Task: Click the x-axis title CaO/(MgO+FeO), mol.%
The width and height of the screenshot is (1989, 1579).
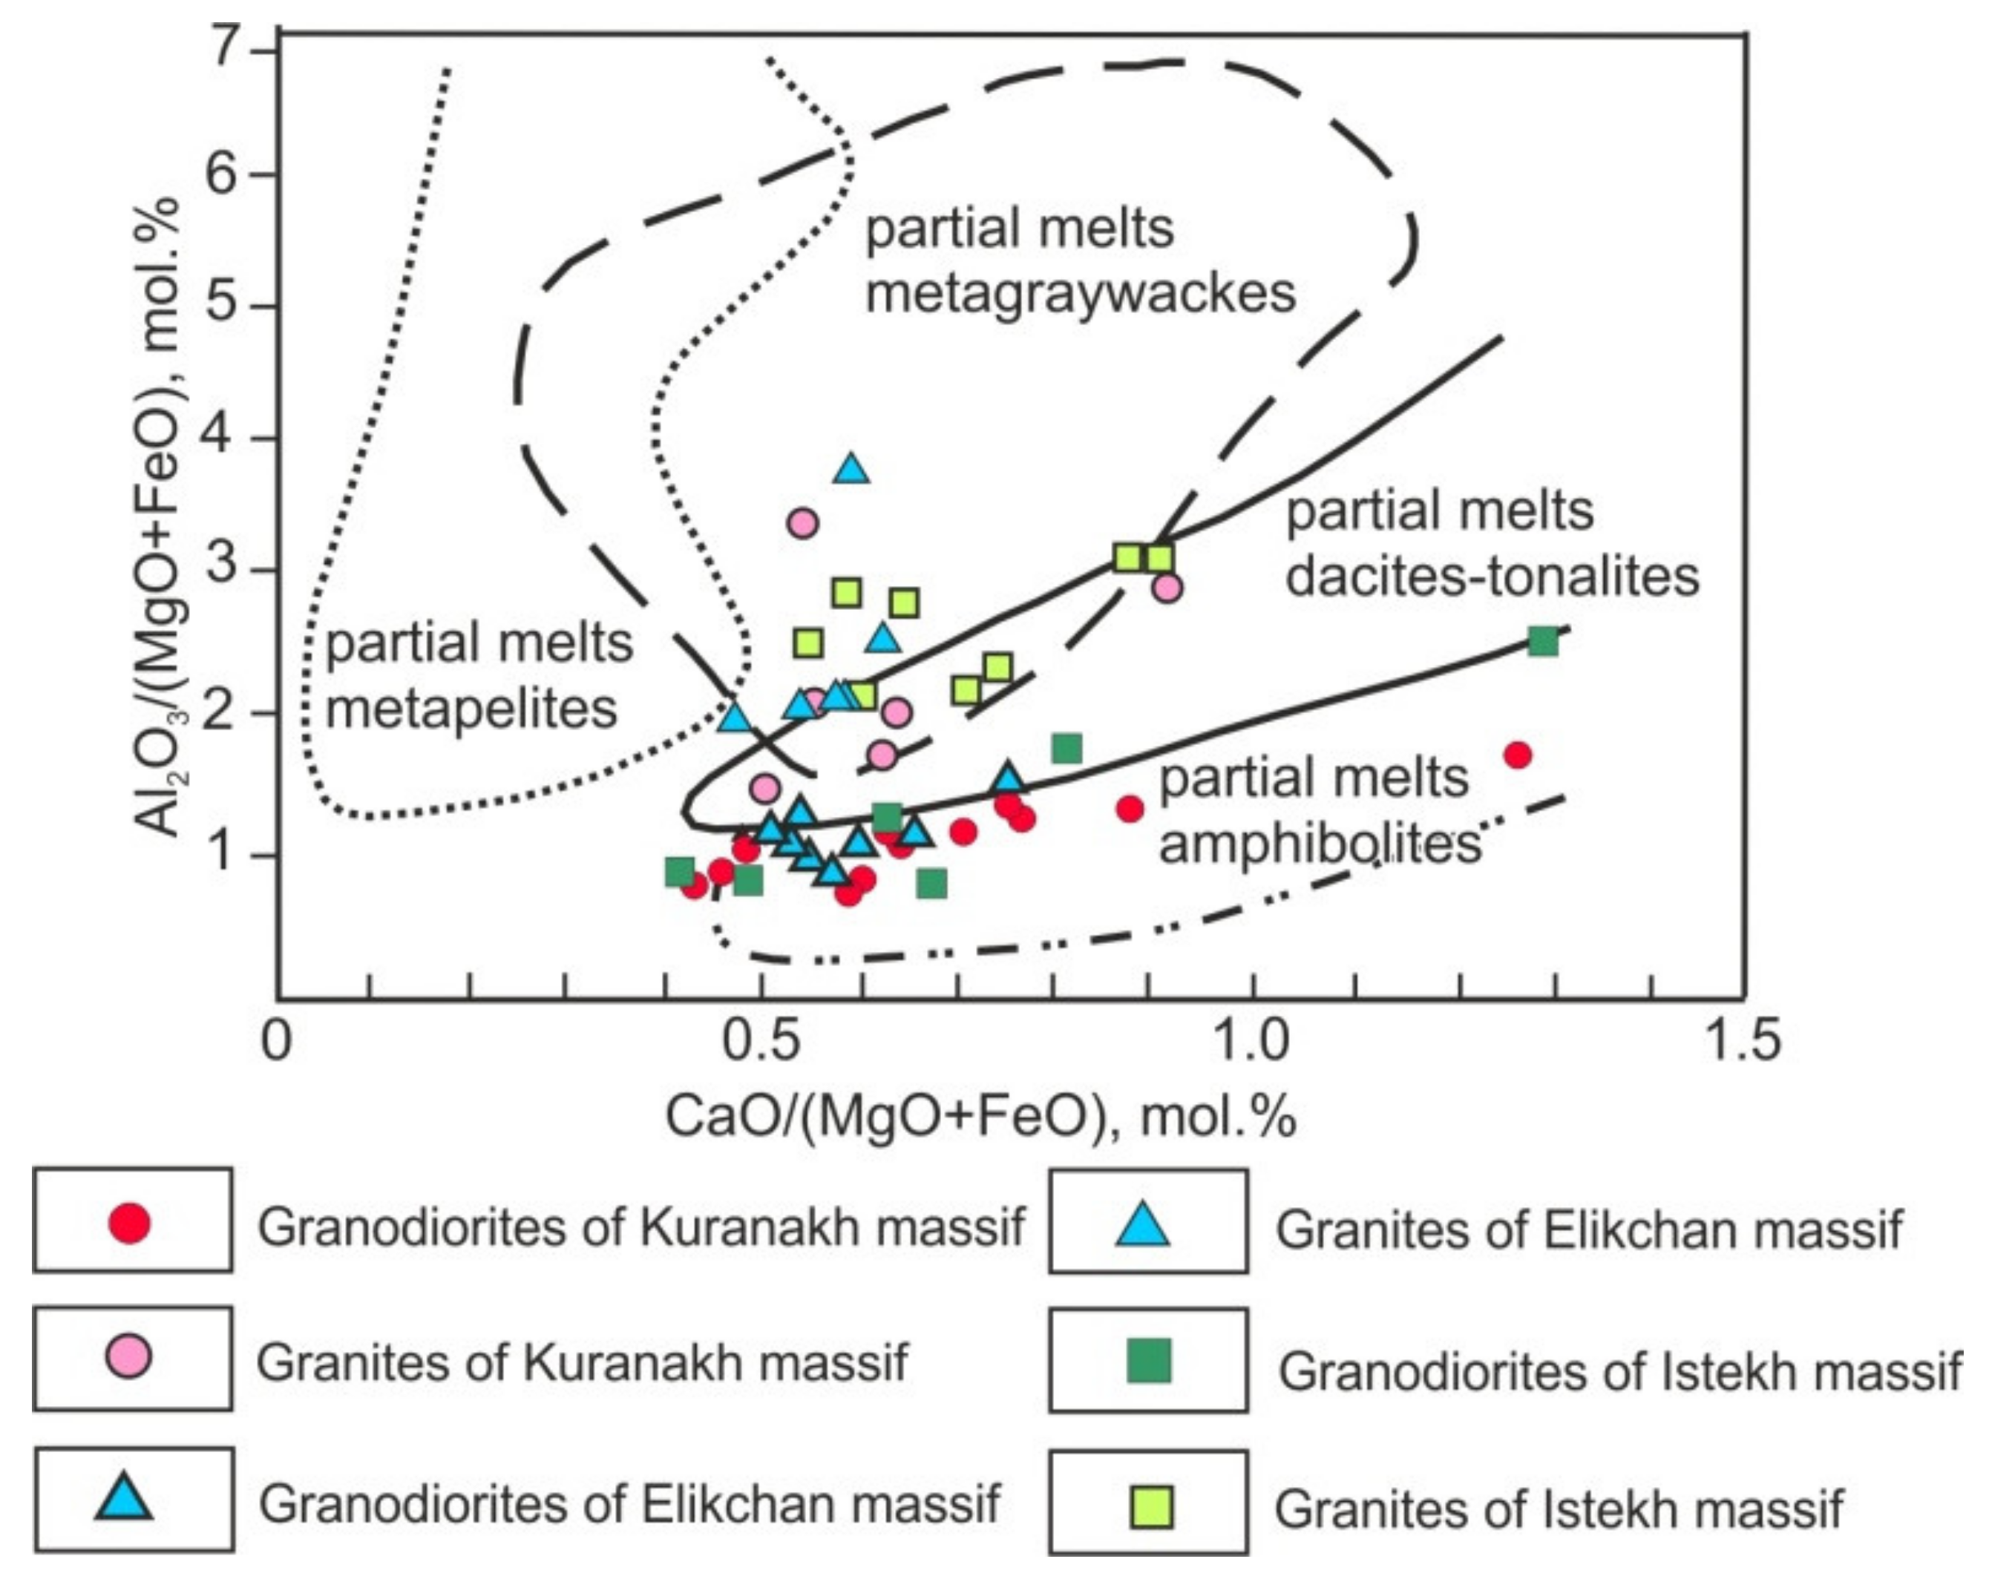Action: point(980,1116)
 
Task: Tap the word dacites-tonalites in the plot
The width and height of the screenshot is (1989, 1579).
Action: point(1492,577)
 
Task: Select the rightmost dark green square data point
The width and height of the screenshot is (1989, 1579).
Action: point(1542,641)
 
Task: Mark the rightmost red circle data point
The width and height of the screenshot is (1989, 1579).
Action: point(1518,755)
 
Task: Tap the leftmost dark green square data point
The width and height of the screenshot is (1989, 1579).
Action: point(680,870)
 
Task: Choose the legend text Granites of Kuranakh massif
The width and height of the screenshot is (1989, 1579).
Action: point(581,1362)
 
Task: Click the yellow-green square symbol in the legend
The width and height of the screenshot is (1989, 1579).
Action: point(1151,1507)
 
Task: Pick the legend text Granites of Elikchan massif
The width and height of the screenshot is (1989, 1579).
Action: point(1589,1230)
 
